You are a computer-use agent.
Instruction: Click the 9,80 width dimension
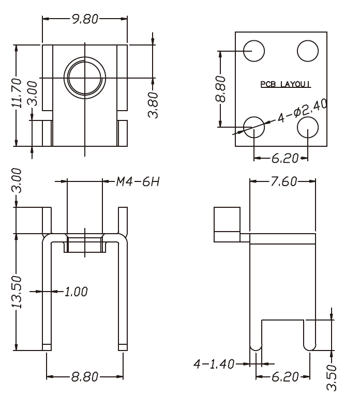[x=85, y=19]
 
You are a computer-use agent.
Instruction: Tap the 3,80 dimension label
[x=153, y=104]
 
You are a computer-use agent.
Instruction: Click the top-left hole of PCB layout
[x=254, y=51]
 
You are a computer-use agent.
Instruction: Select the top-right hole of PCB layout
[x=307, y=51]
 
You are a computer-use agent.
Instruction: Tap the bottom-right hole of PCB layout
[x=308, y=126]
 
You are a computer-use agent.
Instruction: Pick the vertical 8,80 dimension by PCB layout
[x=221, y=88]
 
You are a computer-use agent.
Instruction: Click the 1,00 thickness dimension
[x=76, y=292]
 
